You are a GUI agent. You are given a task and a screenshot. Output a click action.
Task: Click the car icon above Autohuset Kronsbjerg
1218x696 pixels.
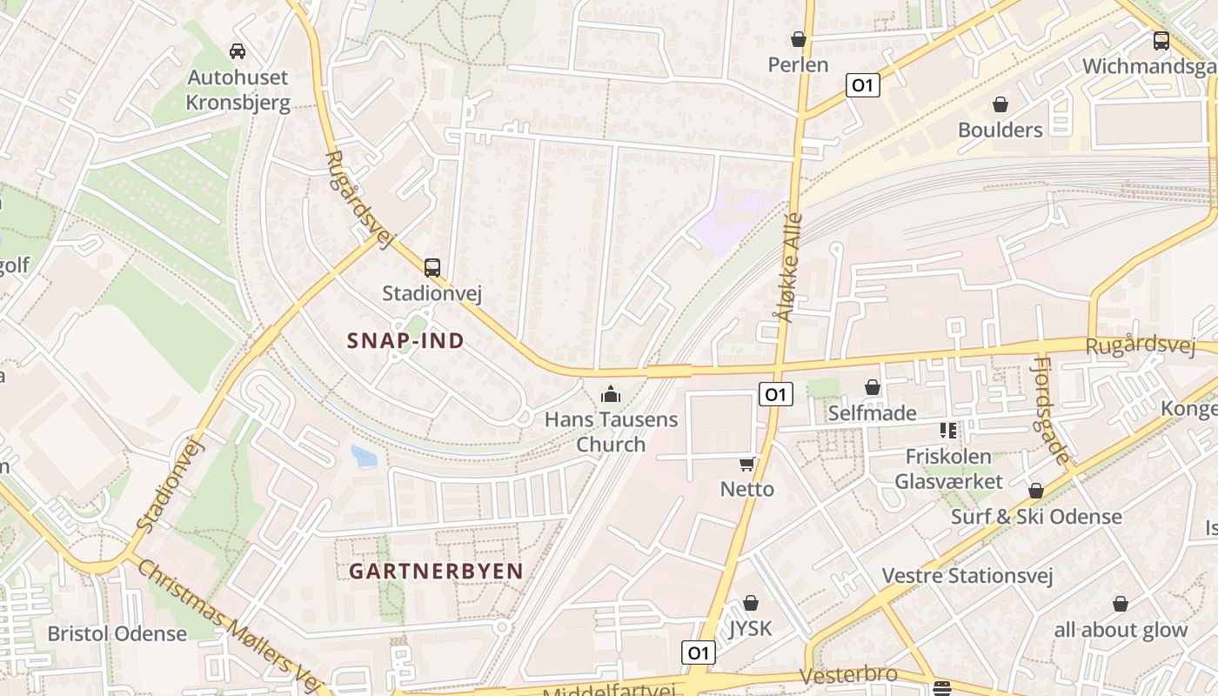[238, 51]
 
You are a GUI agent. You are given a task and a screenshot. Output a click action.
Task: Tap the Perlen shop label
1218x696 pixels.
[798, 65]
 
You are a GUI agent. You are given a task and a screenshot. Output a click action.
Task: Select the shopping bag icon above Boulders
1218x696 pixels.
[1000, 104]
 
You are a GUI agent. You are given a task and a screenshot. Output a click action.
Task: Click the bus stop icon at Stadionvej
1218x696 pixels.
[432, 267]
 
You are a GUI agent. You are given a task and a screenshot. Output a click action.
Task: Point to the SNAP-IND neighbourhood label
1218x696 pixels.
[405, 341]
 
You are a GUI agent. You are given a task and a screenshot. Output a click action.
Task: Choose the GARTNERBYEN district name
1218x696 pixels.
[436, 572]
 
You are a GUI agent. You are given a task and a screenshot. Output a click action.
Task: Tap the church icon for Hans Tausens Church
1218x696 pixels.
[611, 395]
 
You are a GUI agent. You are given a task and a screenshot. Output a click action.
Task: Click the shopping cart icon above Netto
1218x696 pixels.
[746, 464]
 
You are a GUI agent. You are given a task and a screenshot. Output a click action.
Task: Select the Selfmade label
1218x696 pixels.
[872, 413]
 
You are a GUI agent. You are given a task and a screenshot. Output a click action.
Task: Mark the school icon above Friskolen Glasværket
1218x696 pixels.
[948, 430]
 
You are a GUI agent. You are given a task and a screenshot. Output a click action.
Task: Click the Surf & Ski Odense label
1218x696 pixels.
[1036, 517]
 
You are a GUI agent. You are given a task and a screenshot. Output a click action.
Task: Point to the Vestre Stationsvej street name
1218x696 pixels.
[967, 576]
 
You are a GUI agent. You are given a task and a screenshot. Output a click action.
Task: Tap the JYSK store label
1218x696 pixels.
[750, 628]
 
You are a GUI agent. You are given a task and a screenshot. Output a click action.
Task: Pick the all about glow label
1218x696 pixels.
[1121, 630]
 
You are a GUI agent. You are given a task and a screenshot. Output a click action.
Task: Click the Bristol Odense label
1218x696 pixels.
[117, 633]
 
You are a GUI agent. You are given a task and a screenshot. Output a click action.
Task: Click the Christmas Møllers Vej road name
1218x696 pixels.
[230, 624]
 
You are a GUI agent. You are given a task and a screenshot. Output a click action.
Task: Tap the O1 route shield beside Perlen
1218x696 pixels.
[862, 85]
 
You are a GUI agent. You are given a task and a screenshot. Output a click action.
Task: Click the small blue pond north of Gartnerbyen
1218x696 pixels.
[365, 455]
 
